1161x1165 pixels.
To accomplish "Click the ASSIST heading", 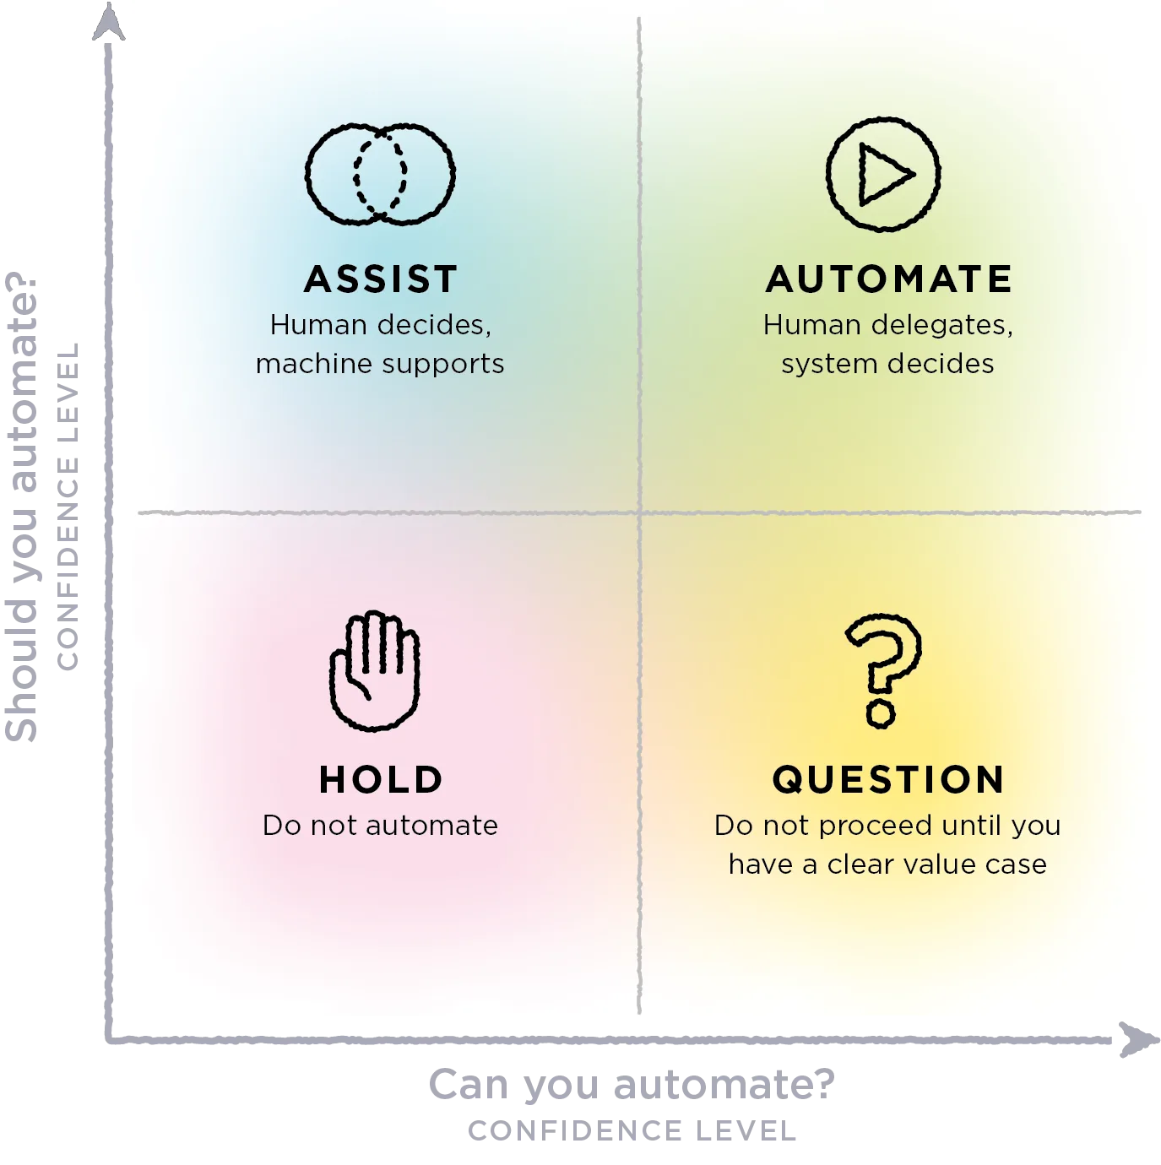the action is tap(380, 279).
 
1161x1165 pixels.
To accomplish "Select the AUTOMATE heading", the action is tap(887, 279).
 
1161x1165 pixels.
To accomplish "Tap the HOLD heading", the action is tap(380, 779).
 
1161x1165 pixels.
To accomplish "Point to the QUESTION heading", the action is tap(887, 779).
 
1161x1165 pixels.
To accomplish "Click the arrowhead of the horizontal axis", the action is tap(1140, 1039).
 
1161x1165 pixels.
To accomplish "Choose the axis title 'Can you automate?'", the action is tap(632, 1085).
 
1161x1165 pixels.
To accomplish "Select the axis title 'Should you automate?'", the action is tap(22, 507).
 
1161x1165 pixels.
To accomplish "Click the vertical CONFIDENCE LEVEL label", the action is tap(68, 507).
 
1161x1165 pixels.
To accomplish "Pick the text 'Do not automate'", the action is tap(380, 826).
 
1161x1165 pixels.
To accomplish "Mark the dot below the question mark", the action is tap(881, 714).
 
